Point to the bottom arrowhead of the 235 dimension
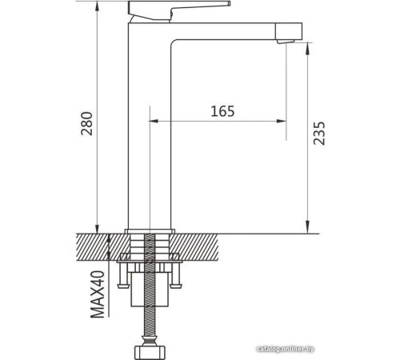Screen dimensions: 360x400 click(307, 227)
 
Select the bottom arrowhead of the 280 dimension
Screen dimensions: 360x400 click(98, 227)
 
